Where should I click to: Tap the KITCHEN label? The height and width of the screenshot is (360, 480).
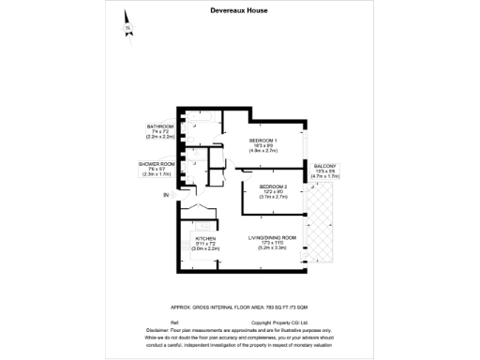205,238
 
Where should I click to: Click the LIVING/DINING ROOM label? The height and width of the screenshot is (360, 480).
273,238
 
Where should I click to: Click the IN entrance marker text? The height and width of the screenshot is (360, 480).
166,195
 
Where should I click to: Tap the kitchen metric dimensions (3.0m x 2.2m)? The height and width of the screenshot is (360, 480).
205,249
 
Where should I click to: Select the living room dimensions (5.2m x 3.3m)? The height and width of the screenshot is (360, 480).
273,249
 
